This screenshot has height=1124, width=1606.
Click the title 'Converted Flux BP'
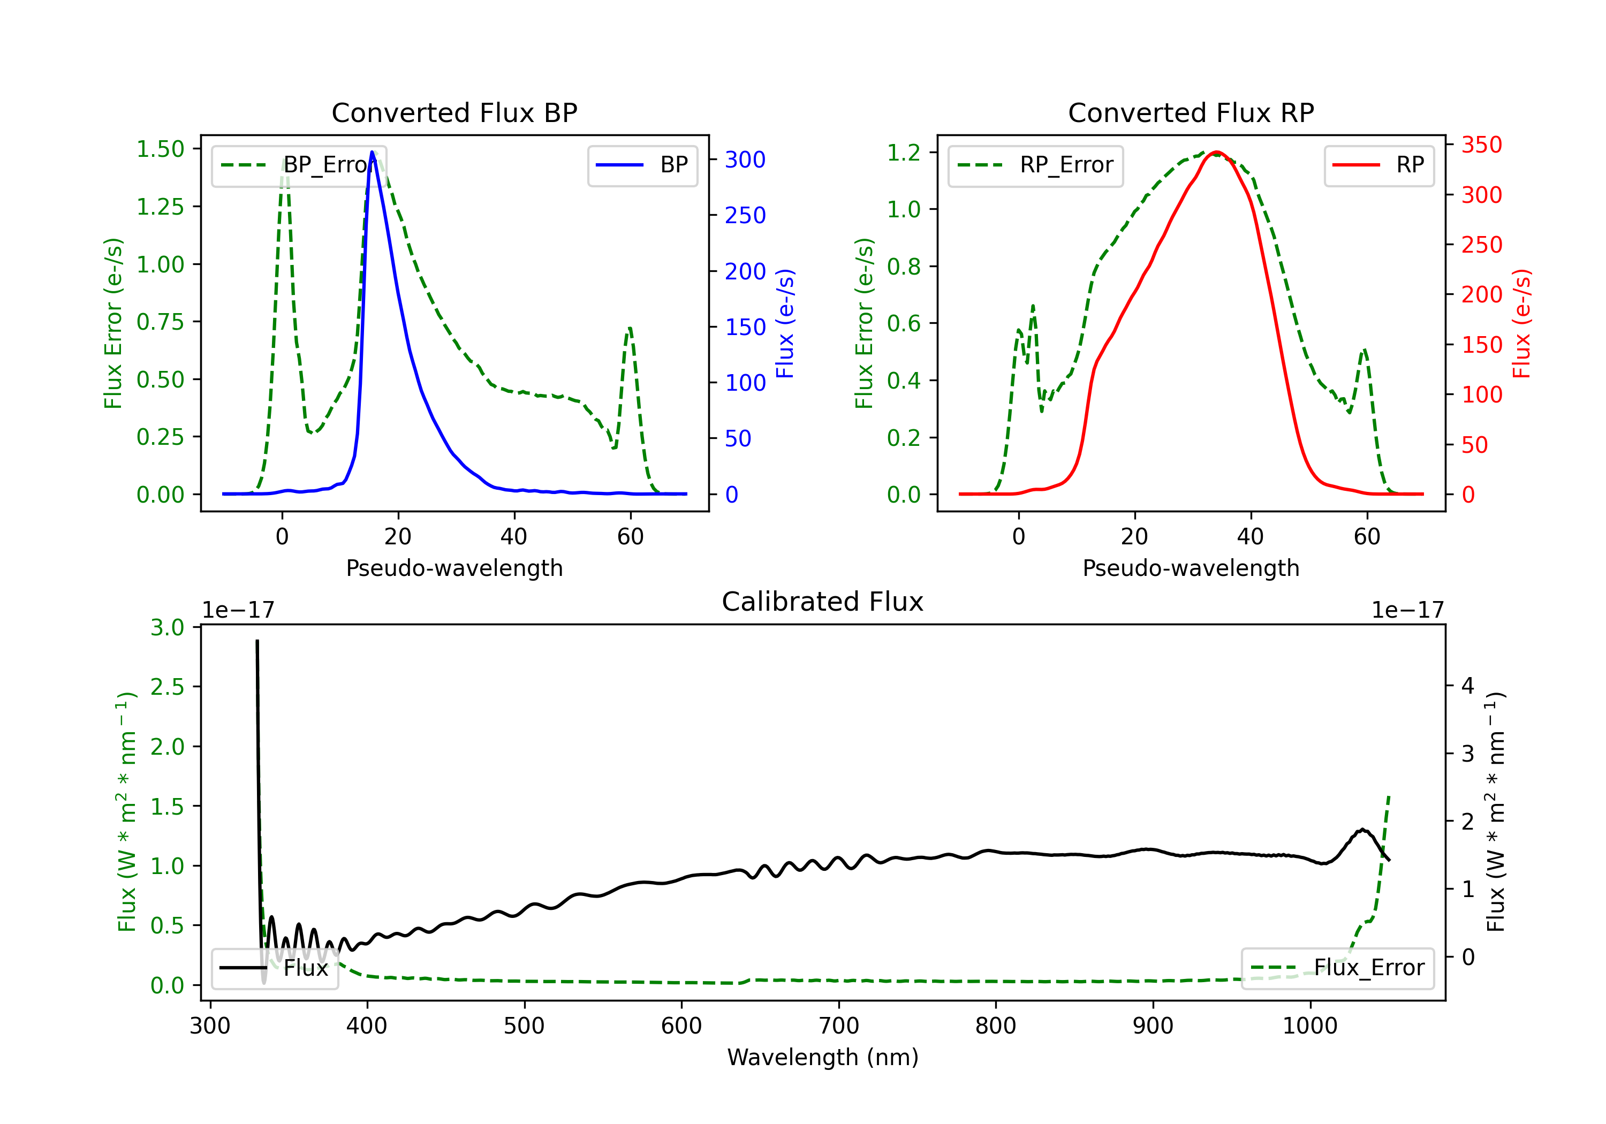pyautogui.click(x=454, y=112)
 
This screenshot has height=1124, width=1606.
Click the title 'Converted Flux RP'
pyautogui.click(x=1191, y=112)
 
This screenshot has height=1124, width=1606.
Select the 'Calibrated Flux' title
pyautogui.click(x=823, y=602)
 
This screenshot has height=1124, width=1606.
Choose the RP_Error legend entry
pyautogui.click(x=1035, y=165)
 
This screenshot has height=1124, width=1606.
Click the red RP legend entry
pyautogui.click(x=1378, y=165)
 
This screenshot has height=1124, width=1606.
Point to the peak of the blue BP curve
pyautogui.click(x=372, y=152)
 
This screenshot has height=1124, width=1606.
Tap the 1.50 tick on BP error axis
pyautogui.click(x=160, y=149)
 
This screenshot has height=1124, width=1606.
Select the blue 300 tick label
pyautogui.click(x=745, y=160)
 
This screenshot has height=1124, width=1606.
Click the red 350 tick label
pyautogui.click(x=1481, y=145)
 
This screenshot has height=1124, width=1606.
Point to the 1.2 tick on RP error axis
pyautogui.click(x=904, y=153)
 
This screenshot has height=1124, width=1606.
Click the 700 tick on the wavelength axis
pyautogui.click(x=839, y=1026)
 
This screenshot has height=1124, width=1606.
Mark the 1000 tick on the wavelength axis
pyautogui.click(x=1310, y=1026)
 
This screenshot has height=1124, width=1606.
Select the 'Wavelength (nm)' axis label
pyautogui.click(x=823, y=1057)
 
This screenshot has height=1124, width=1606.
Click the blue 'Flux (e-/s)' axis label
pyautogui.click(x=785, y=323)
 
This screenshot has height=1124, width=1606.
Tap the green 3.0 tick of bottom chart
pyautogui.click(x=167, y=627)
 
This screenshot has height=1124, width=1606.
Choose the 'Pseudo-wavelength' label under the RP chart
pyautogui.click(x=1191, y=568)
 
